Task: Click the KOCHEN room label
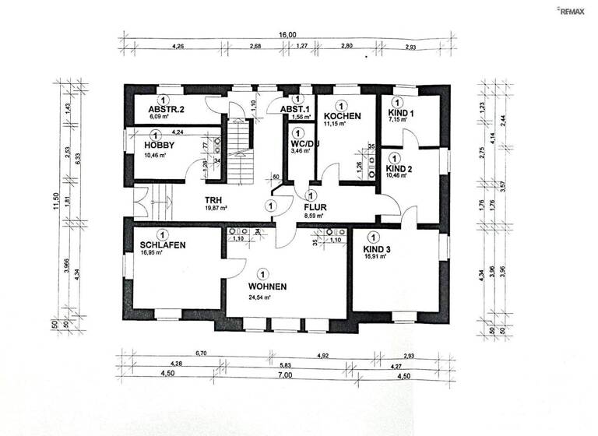pos(343,116)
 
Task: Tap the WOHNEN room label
pos(268,287)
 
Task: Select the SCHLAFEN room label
pos(163,245)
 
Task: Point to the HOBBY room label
pos(159,145)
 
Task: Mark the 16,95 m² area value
pos(156,253)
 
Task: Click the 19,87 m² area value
pos(216,209)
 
